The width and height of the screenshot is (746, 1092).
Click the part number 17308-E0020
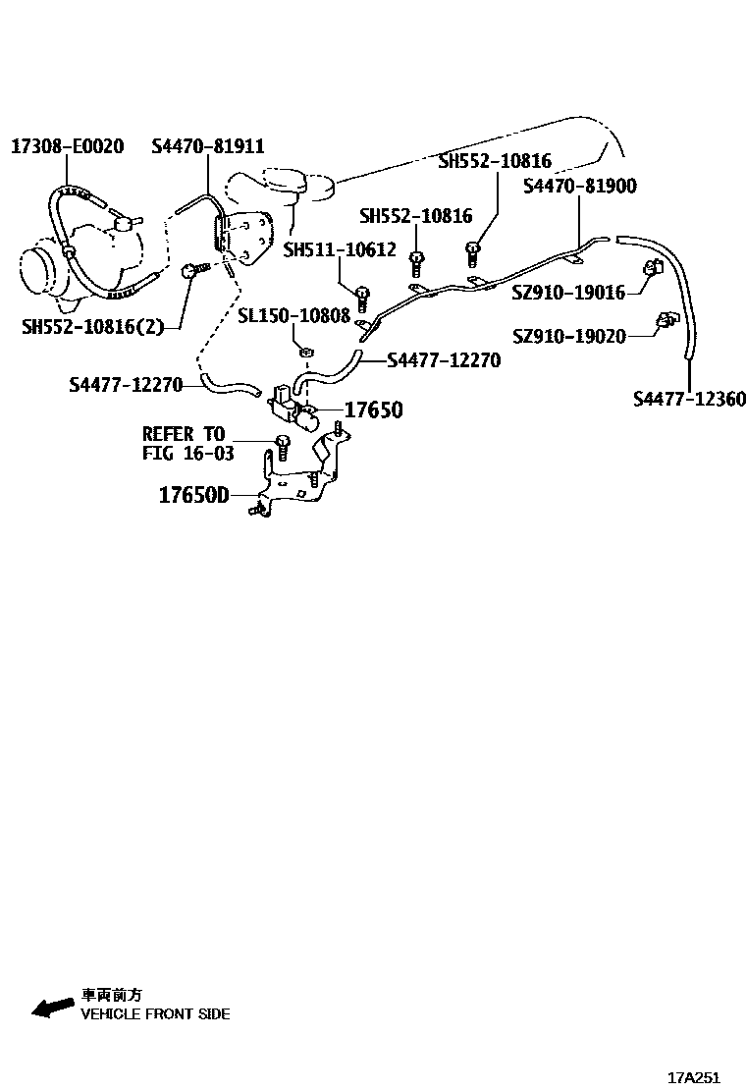click(x=67, y=146)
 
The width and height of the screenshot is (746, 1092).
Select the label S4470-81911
click(x=207, y=146)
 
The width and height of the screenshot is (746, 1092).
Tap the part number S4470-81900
click(x=579, y=187)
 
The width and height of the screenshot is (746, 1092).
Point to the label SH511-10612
click(x=339, y=250)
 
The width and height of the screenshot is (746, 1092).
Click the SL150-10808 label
click(x=293, y=315)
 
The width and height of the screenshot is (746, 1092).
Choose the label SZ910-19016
click(x=568, y=292)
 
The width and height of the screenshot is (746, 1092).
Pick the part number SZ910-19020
click(x=568, y=337)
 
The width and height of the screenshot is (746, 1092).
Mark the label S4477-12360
click(x=689, y=399)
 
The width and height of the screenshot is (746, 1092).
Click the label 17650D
click(x=193, y=496)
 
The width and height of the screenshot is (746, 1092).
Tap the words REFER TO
click(x=184, y=434)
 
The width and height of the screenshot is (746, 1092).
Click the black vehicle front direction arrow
click(x=53, y=1007)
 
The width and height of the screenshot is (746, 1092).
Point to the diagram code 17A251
click(x=694, y=1077)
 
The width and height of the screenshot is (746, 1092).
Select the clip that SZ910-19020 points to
click(x=666, y=320)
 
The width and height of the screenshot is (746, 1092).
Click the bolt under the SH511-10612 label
click(x=361, y=295)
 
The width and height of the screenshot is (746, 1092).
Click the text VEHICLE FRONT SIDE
click(x=155, y=1013)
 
